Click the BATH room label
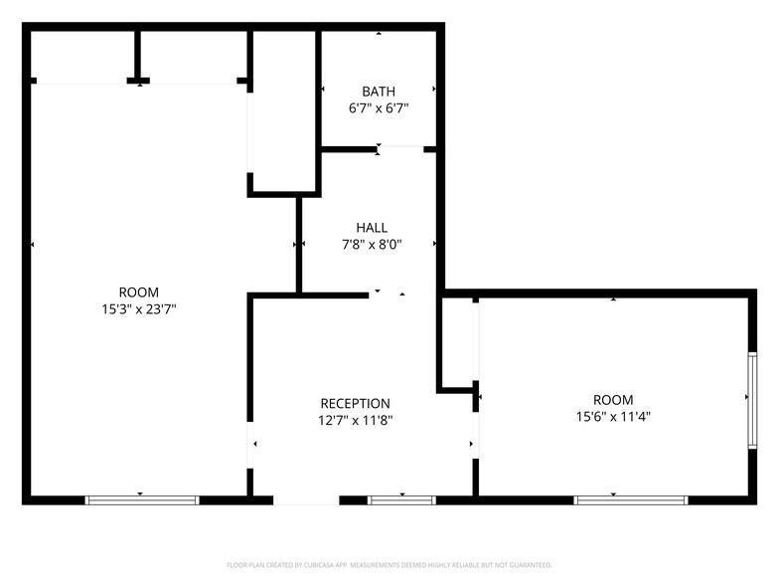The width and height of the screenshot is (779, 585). (x=379, y=92)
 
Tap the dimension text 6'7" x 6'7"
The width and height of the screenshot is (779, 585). (x=379, y=107)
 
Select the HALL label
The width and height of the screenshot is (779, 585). (x=372, y=228)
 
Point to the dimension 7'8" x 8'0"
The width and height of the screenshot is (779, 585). (x=372, y=244)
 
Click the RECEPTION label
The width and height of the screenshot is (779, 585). (x=355, y=403)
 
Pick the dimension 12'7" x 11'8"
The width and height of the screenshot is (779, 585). (x=355, y=420)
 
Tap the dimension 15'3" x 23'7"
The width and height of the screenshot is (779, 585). (x=138, y=308)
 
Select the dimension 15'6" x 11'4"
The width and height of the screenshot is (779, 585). (x=613, y=417)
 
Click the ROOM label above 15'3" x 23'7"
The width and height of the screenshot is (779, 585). (x=138, y=292)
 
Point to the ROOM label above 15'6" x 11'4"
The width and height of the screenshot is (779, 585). (x=613, y=400)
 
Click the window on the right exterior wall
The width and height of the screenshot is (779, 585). (x=752, y=398)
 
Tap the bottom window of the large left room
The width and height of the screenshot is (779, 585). (x=142, y=499)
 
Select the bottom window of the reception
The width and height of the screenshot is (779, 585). (x=402, y=499)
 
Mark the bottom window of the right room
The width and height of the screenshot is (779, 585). (x=617, y=499)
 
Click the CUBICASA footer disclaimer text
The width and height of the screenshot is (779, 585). (x=389, y=564)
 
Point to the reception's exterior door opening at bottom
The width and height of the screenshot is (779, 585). (x=306, y=499)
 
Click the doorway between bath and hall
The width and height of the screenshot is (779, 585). (x=401, y=149)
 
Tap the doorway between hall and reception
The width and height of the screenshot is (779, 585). (x=402, y=294)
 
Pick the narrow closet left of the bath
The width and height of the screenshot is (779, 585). (x=283, y=104)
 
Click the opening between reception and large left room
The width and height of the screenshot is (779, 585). (x=249, y=444)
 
